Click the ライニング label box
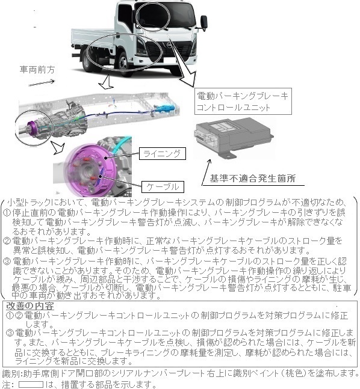[x=160, y=154]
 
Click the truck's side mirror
[x=205, y=22]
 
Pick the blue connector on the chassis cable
[x=165, y=109]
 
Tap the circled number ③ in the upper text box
[x=8, y=262]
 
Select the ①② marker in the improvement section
[x=14, y=315]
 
